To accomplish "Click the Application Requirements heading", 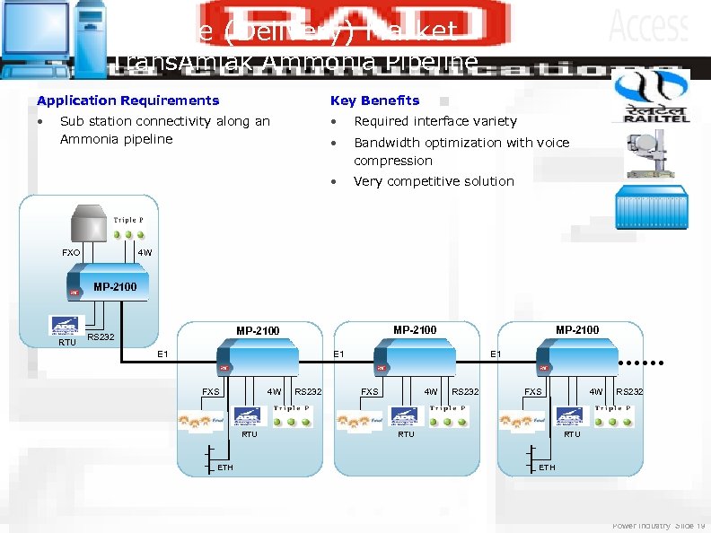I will pos(127,100).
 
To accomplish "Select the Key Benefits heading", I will pos(374,100).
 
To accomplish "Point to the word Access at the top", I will pos(648,26).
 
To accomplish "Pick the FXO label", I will pos(72,253).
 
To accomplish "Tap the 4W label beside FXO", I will pos(145,253).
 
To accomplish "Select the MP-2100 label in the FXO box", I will pos(116,287).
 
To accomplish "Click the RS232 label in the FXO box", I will pos(100,337).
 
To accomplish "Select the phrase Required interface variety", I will pos(435,121).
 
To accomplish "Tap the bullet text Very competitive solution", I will pos(434,181).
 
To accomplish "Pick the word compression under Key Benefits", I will pos(393,161).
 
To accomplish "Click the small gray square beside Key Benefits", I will pos(444,100).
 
